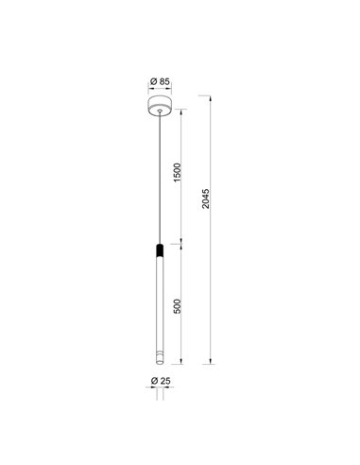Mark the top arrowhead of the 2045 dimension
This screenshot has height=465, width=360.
(x=211, y=95)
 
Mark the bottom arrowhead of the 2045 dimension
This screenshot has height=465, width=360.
(x=211, y=361)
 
